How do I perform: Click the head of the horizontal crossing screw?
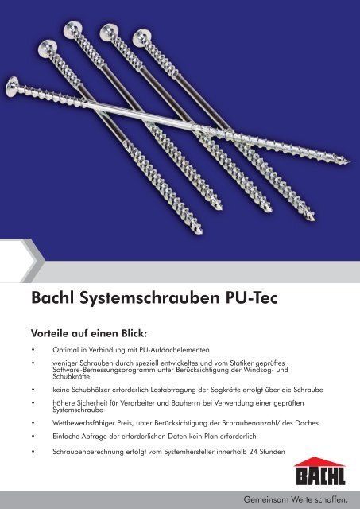[14, 83]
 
